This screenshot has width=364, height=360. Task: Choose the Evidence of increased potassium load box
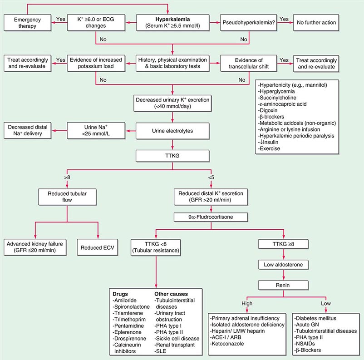point(96,63)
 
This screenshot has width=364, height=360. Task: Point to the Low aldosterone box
point(283,264)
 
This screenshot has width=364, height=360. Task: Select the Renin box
point(283,285)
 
